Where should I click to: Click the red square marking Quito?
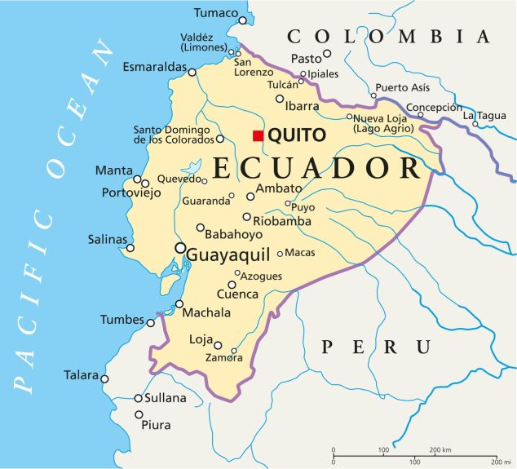click(x=258, y=135)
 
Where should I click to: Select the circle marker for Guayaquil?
click(x=179, y=248)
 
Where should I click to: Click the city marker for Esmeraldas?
click(x=192, y=72)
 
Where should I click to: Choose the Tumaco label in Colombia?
click(x=216, y=13)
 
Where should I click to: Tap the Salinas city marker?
click(x=130, y=248)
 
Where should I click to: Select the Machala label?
click(x=208, y=312)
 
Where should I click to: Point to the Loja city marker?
click(x=218, y=344)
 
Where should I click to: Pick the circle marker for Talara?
click(x=104, y=378)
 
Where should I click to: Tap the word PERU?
click(x=376, y=347)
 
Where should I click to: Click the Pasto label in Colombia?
click(x=307, y=58)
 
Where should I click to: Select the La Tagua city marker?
click(x=475, y=124)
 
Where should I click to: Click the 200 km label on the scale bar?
click(x=441, y=450)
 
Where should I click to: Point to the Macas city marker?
click(x=280, y=254)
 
